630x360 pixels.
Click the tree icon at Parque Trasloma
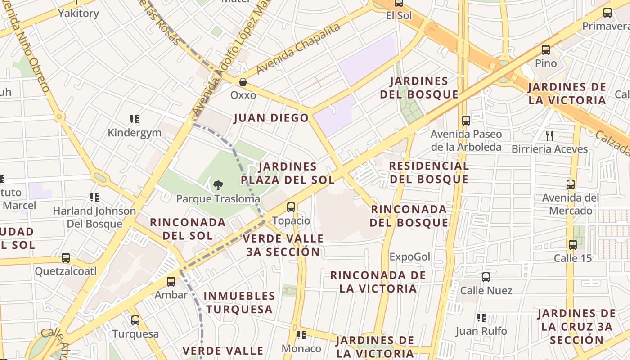218,185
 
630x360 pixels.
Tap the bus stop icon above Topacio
291,207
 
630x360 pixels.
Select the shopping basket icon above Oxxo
243,82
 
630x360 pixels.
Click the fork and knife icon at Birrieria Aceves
549,135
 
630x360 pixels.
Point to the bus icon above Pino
546,50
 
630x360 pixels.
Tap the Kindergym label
134,133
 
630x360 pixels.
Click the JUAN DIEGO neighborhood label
271,118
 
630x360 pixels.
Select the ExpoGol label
410,257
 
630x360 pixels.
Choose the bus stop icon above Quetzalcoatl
66,258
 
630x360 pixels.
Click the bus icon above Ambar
171,282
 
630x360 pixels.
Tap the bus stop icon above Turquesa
135,320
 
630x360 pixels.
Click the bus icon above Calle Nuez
486,277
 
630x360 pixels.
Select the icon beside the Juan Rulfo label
481,318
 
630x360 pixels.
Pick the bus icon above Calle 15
572,245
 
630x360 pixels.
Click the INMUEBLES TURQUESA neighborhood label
239,302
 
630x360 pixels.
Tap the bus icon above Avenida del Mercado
571,184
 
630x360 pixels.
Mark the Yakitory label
78,13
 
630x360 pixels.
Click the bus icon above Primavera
607,13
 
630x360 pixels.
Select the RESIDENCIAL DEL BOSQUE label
429,172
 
